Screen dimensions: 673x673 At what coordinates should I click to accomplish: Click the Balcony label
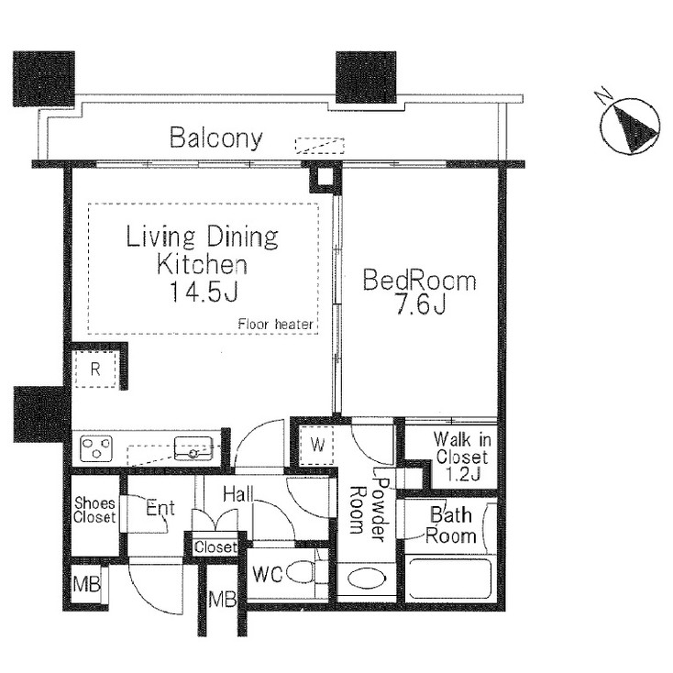(x=216, y=138)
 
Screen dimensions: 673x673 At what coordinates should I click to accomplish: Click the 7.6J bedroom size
(x=420, y=304)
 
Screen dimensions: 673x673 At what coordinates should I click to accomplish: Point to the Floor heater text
(x=276, y=325)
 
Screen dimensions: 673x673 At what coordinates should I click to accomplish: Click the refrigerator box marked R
(x=95, y=370)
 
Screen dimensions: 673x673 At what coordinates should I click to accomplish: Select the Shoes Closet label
(x=94, y=511)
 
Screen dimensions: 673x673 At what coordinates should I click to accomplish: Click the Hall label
(x=237, y=495)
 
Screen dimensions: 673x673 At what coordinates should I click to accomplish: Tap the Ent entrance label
(x=160, y=509)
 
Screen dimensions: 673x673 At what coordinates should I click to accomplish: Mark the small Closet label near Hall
(x=215, y=547)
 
